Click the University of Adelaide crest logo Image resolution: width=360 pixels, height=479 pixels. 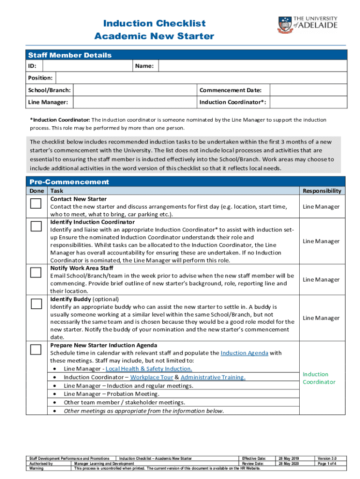(x=285, y=24)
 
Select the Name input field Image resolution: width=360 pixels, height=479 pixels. (x=252, y=66)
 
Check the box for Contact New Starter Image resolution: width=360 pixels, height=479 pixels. (x=36, y=203)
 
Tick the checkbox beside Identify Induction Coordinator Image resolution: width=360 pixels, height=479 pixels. (x=36, y=226)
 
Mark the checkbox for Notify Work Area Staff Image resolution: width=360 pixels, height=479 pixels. (x=36, y=273)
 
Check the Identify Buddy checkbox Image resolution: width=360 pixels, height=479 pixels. (x=36, y=304)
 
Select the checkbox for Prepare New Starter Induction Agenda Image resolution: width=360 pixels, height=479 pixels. (x=36, y=349)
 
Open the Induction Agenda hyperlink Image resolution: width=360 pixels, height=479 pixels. (x=244, y=353)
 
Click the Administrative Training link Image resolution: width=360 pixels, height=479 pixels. (x=213, y=377)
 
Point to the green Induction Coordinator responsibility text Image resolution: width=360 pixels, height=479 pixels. (x=319, y=378)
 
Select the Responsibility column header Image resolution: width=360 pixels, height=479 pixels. (x=322, y=191)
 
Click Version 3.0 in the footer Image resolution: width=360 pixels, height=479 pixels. (x=327, y=458)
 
